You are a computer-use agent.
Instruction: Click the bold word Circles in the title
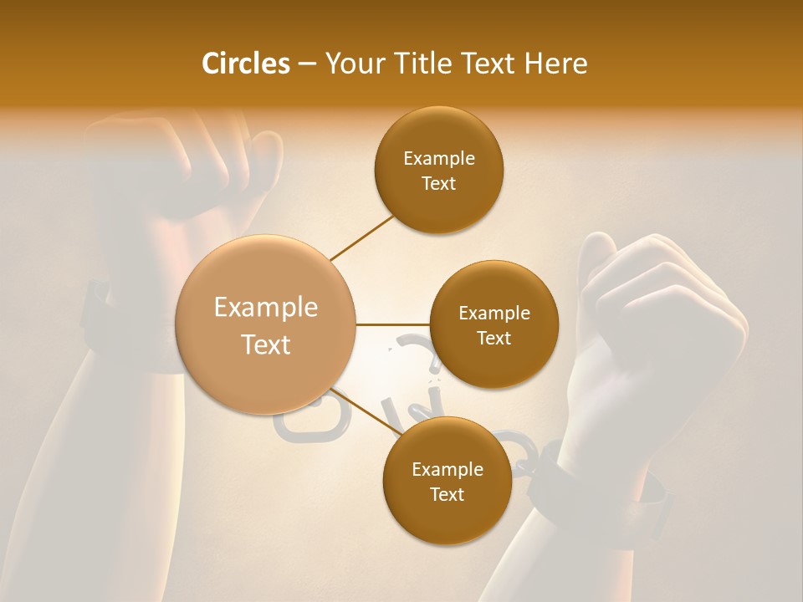pyautogui.click(x=245, y=64)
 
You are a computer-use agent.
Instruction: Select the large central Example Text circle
pyautogui.click(x=266, y=325)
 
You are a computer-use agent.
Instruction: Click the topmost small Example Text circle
pyautogui.click(x=439, y=171)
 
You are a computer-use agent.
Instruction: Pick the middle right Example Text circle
pyautogui.click(x=494, y=325)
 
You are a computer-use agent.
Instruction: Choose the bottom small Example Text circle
pyautogui.click(x=447, y=482)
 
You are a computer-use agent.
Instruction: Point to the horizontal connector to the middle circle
pyautogui.click(x=393, y=324)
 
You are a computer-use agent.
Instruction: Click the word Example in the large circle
pyautogui.click(x=266, y=308)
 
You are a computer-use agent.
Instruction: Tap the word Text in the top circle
pyautogui.click(x=439, y=184)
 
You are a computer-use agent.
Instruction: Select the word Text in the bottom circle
pyautogui.click(x=447, y=494)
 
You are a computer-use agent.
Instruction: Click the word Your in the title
pyautogui.click(x=354, y=64)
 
